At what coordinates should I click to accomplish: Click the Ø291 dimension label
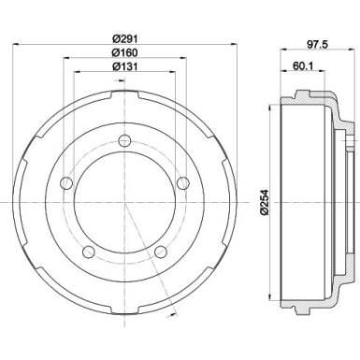point(124,37)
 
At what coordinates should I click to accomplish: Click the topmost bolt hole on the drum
point(123,141)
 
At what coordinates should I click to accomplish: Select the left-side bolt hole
point(66,183)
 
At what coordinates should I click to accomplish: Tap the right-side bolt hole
point(181,183)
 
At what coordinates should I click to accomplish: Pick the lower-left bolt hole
point(89,251)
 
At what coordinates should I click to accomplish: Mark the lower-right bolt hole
point(159,251)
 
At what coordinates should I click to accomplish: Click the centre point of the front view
point(123,203)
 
